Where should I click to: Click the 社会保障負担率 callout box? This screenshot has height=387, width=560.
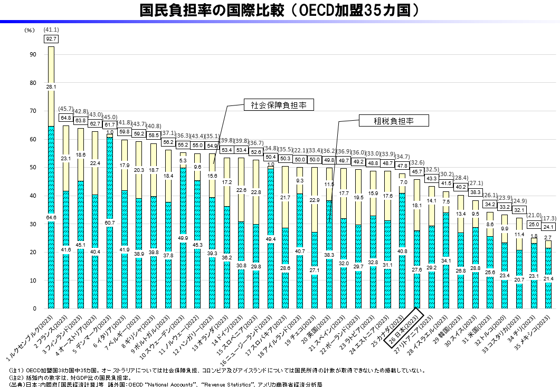coord(279,105)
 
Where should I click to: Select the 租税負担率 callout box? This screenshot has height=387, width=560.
coord(393,121)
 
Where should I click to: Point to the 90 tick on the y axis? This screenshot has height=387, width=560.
coord(33,55)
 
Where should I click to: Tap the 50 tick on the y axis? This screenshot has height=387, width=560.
coord(33,168)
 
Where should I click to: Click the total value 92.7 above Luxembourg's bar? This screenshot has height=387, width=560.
coord(51,38)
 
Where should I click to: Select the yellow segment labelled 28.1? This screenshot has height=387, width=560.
coord(51,87)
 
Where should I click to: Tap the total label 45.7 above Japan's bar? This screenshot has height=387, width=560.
coord(417,172)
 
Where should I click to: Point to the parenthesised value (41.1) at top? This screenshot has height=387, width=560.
coord(51,30)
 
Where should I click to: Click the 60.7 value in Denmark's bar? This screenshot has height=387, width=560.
coord(109,222)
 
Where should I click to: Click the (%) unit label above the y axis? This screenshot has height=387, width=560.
coord(30,31)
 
